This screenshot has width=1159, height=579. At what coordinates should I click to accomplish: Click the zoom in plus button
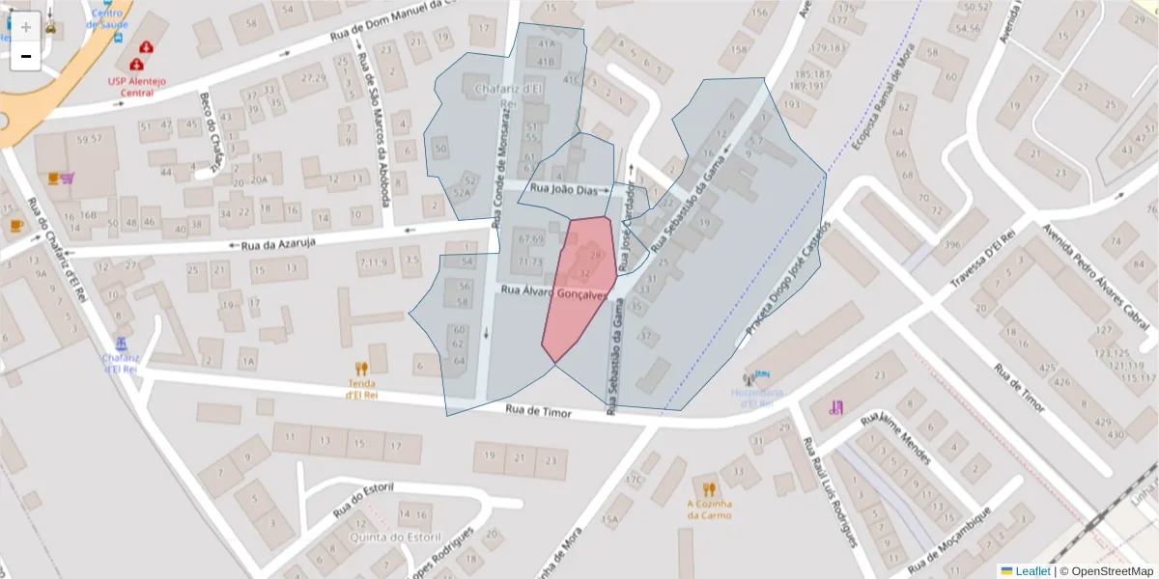pyautogui.click(x=26, y=27)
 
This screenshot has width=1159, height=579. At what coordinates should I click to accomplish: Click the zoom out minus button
pyautogui.click(x=26, y=56)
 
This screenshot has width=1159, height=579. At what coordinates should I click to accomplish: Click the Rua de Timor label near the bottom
pyautogui.click(x=539, y=412)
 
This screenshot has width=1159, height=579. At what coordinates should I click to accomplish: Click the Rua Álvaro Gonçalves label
pyautogui.click(x=553, y=292)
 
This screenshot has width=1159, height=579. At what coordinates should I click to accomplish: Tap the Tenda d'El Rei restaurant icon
pyautogui.click(x=361, y=368)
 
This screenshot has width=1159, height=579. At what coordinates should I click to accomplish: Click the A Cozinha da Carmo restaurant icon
pyautogui.click(x=709, y=488)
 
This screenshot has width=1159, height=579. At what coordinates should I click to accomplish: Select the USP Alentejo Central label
pyautogui.click(x=136, y=88)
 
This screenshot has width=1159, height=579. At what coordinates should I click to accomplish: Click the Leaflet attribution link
pyautogui.click(x=1032, y=571)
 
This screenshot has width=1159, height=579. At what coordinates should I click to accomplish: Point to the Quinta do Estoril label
pyautogui.click(x=383, y=538)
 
